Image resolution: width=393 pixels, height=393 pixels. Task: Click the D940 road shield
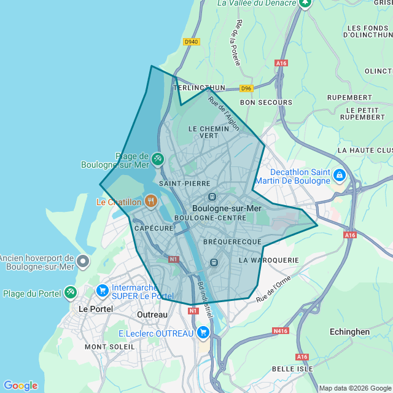click(x=192, y=42)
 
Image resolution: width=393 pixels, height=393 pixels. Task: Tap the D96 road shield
click(x=247, y=88)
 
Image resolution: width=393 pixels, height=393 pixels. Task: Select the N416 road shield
click(x=280, y=331)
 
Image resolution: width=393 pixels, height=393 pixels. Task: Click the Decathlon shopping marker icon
click(x=339, y=176)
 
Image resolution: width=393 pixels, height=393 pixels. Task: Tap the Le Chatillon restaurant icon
click(x=150, y=201)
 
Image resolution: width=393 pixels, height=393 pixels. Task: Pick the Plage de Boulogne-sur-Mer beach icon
click(x=158, y=160)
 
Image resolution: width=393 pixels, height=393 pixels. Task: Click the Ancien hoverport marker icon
click(x=84, y=262)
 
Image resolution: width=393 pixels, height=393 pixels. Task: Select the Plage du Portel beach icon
click(x=71, y=293)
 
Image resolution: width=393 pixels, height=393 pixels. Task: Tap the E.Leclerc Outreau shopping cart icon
click(x=203, y=333)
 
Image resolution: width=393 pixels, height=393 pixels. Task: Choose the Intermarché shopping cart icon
click(x=103, y=290)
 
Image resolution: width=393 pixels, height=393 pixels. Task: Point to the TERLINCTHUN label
click(x=200, y=88)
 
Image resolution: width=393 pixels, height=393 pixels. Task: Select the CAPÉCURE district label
click(x=154, y=228)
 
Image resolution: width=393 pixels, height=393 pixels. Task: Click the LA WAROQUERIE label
click(x=268, y=260)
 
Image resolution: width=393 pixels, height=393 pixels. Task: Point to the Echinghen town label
click(x=349, y=332)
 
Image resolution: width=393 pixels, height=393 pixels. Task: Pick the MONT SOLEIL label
click(x=110, y=347)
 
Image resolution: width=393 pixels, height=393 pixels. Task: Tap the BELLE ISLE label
click(x=292, y=369)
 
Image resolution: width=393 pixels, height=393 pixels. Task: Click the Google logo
click(x=20, y=385)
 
